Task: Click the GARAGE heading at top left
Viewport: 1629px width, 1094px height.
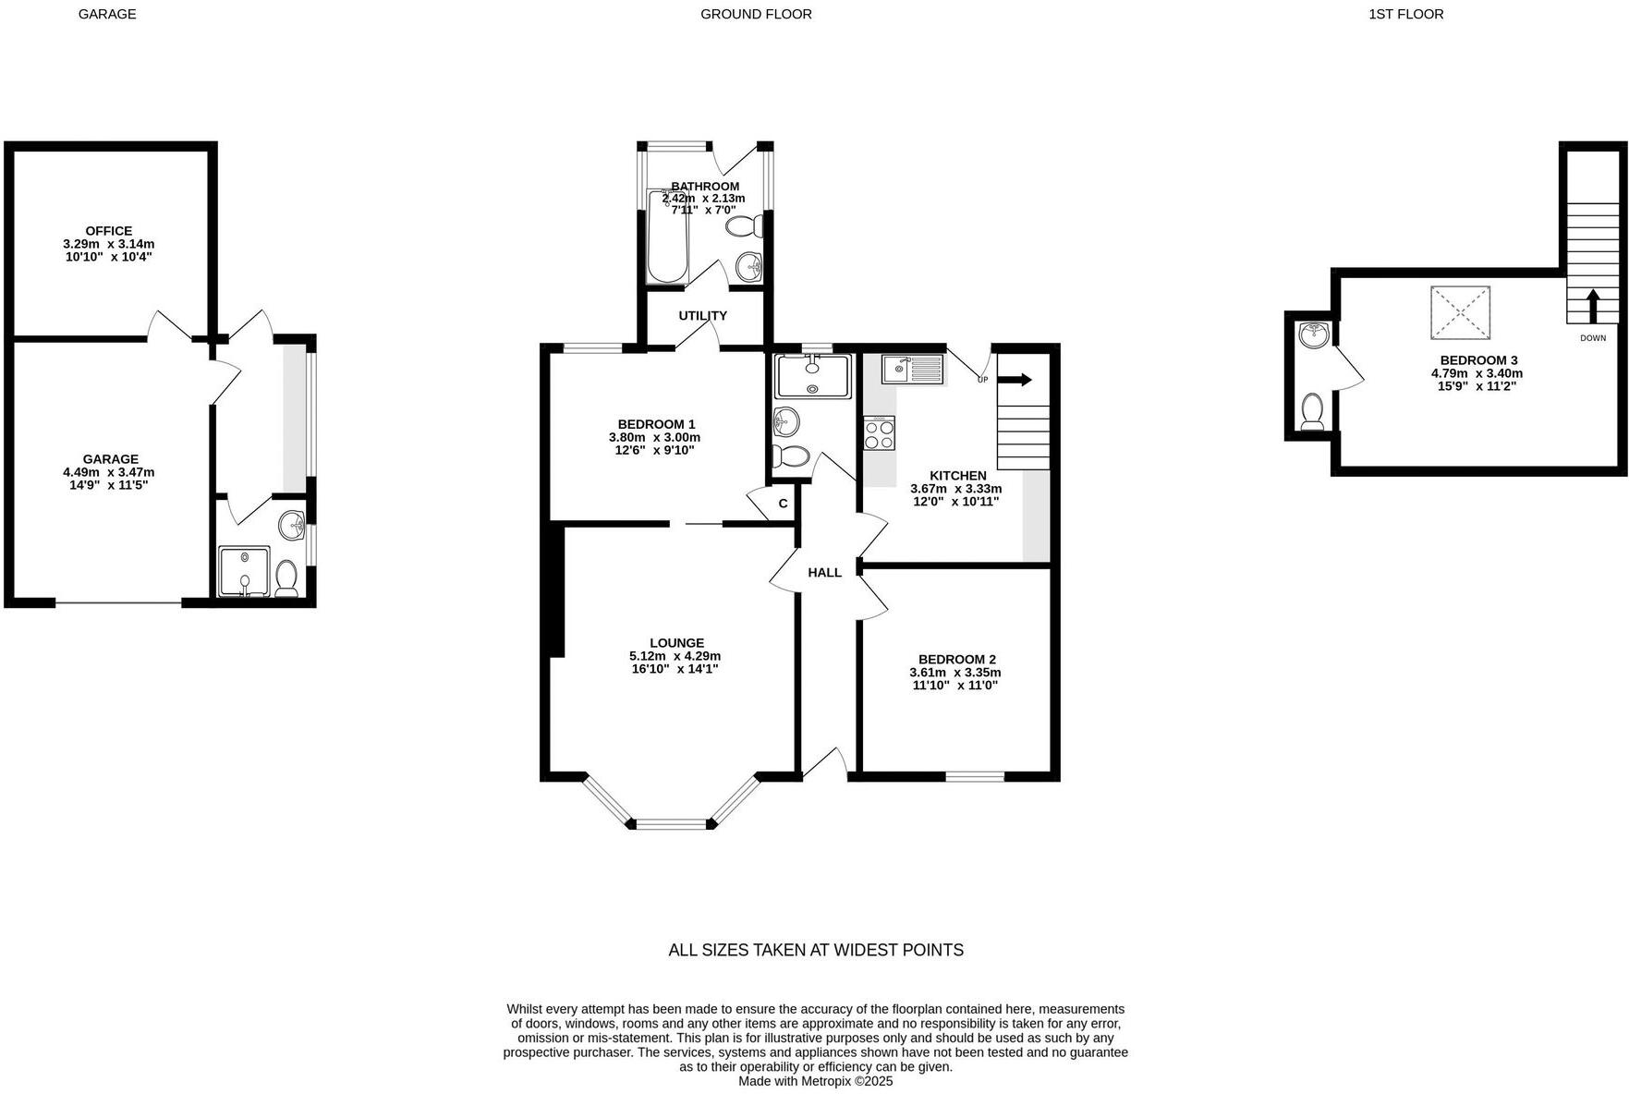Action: click(x=107, y=14)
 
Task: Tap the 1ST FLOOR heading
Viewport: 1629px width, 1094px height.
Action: click(x=1405, y=14)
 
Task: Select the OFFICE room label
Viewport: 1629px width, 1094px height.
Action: click(x=109, y=231)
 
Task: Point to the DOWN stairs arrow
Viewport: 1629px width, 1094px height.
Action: click(x=1592, y=307)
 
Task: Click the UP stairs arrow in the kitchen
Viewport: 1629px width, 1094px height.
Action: click(x=1015, y=380)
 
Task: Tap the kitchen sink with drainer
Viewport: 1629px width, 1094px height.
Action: click(x=912, y=370)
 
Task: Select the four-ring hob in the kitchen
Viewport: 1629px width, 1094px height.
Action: click(x=879, y=433)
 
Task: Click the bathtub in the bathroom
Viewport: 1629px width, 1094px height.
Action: click(x=666, y=238)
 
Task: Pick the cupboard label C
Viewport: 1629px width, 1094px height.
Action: click(x=783, y=504)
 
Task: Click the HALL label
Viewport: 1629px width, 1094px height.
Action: click(x=824, y=573)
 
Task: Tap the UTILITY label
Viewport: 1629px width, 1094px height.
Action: click(x=702, y=316)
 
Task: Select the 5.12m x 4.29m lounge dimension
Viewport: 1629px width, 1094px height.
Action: click(x=675, y=656)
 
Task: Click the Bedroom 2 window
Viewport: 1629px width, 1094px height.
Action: click(x=974, y=776)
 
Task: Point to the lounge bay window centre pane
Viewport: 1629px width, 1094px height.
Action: click(x=672, y=823)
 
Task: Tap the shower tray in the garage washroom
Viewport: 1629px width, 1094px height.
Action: click(x=244, y=571)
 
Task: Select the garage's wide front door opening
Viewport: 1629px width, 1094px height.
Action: click(x=118, y=603)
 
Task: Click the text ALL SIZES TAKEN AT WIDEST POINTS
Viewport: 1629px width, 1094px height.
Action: click(x=815, y=950)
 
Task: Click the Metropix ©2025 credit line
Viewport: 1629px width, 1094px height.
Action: click(x=815, y=1080)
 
